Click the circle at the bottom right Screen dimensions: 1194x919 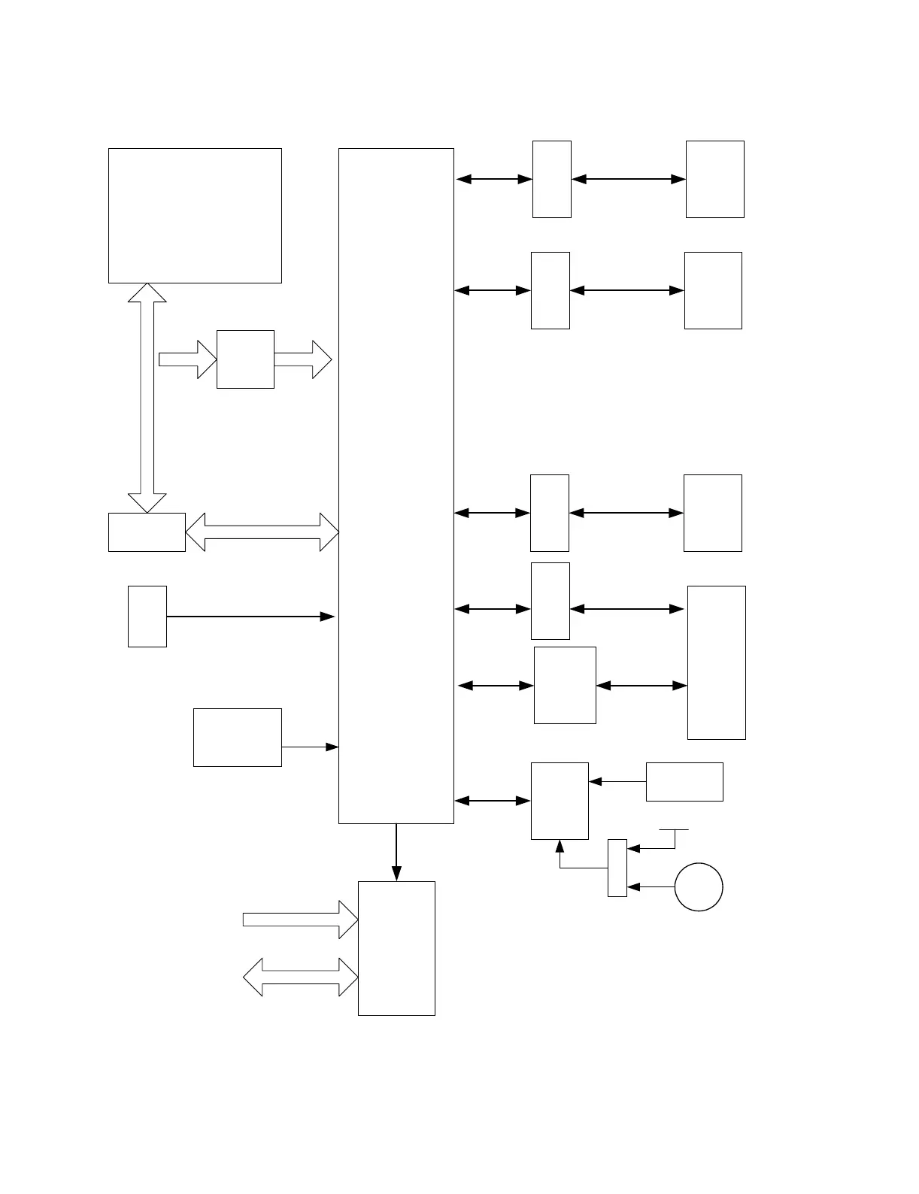pyautogui.click(x=699, y=887)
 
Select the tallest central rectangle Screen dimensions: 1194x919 pyautogui.click(x=396, y=486)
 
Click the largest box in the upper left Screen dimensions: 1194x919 pyautogui.click(x=195, y=216)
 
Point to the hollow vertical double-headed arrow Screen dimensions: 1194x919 pyautogui.click(x=147, y=398)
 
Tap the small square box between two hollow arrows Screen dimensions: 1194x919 pyautogui.click(x=245, y=359)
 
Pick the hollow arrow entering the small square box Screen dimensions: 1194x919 pyautogui.click(x=187, y=359)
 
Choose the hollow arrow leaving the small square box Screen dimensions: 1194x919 pyautogui.click(x=302, y=359)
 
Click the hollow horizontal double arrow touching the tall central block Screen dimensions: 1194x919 pyautogui.click(x=262, y=532)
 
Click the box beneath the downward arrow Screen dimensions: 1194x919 pyautogui.click(x=396, y=948)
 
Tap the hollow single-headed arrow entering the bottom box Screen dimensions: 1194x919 pyautogui.click(x=300, y=919)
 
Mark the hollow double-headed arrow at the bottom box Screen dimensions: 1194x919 pyautogui.click(x=300, y=977)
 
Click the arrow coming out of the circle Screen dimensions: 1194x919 pyautogui.click(x=651, y=887)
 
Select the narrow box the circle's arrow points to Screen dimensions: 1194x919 pyautogui.click(x=617, y=868)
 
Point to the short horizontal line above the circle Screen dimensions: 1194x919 pyautogui.click(x=674, y=830)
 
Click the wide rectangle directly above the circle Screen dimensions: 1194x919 pyautogui.click(x=684, y=782)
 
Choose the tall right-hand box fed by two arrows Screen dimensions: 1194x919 pyautogui.click(x=717, y=662)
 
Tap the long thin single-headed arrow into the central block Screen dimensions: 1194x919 pyautogui.click(x=250, y=617)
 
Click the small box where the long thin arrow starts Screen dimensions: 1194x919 pyautogui.click(x=147, y=617)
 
